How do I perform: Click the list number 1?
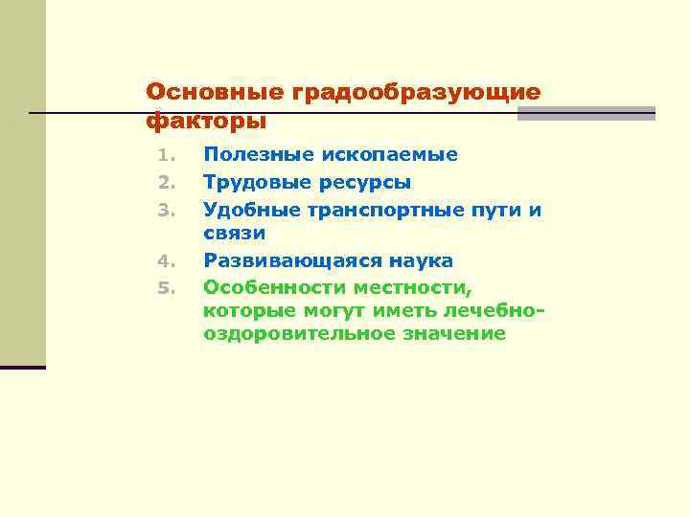[x=163, y=155]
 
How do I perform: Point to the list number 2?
[x=163, y=182]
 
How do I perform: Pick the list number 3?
[x=163, y=209]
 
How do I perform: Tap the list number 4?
[x=163, y=261]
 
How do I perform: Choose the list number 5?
[x=163, y=287]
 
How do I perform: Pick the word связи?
[x=234, y=233]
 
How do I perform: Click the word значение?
[x=452, y=334]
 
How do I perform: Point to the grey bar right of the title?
[x=586, y=113]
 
